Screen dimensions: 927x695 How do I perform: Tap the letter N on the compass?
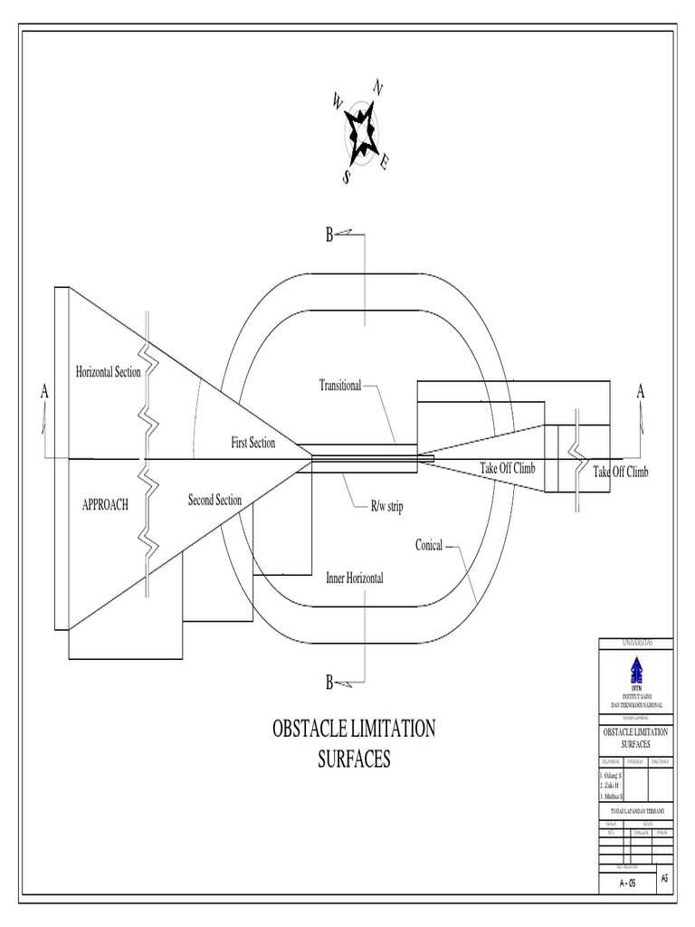pos(377,88)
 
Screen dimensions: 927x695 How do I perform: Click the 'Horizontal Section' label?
pos(108,372)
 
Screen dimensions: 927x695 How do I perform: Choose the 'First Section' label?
pos(253,443)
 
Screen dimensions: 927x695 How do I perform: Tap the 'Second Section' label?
pos(214,500)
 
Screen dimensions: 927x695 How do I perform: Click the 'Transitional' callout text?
pos(339,385)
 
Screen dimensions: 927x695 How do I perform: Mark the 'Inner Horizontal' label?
pos(355,578)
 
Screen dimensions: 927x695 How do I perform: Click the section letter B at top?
pos(329,237)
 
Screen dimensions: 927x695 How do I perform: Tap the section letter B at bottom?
pos(329,682)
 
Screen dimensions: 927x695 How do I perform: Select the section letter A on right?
pos(641,391)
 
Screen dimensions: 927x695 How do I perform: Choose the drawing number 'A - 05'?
pos(626,884)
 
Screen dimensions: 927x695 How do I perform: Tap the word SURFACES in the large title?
pos(354,759)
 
